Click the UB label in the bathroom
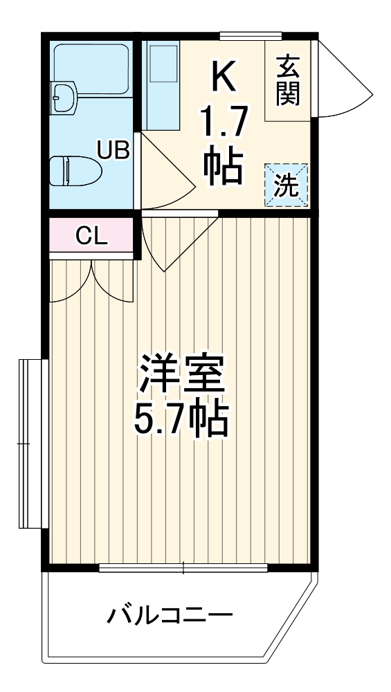[x=113, y=149]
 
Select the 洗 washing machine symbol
[x=286, y=185]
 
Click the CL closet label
[x=91, y=237]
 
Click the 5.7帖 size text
[x=181, y=419]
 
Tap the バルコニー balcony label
[x=169, y=614]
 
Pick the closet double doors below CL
[x=91, y=280]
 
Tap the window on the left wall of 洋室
[x=29, y=443]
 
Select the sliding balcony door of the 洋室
[x=183, y=569]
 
